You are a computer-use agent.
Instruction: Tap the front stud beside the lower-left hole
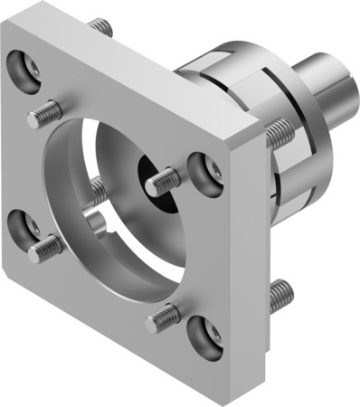pos(44,246)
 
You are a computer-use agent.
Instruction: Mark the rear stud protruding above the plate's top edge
pos(102,27)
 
